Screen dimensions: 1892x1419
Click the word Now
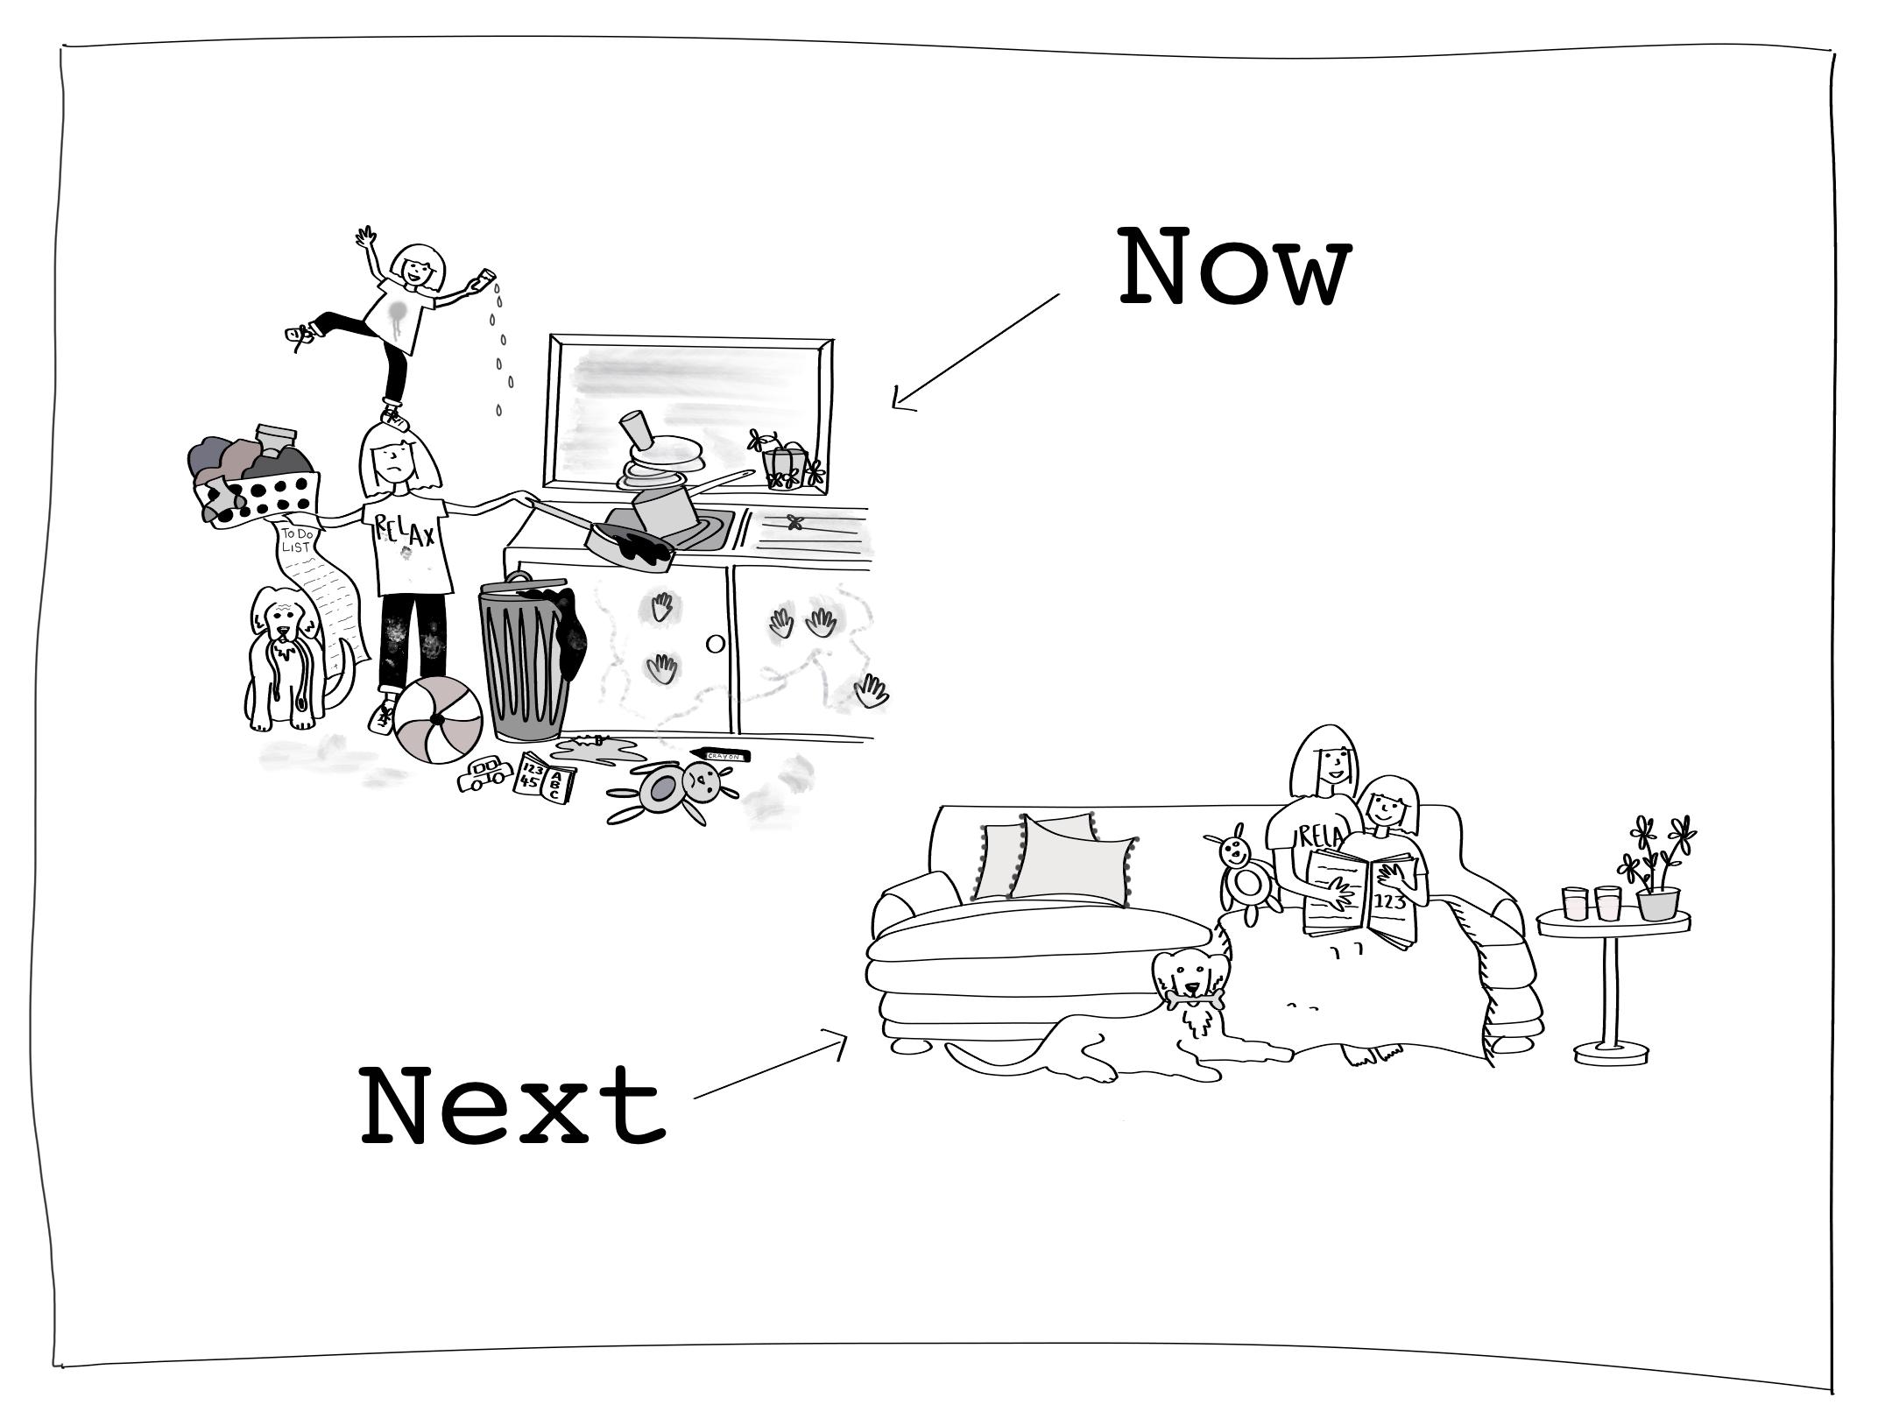tap(1235, 266)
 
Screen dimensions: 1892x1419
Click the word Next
tap(512, 1105)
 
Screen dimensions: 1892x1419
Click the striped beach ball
tap(437, 721)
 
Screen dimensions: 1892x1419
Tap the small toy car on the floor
tap(484, 774)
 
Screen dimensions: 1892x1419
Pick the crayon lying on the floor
tap(720, 754)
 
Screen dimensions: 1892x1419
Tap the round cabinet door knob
tap(715, 644)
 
